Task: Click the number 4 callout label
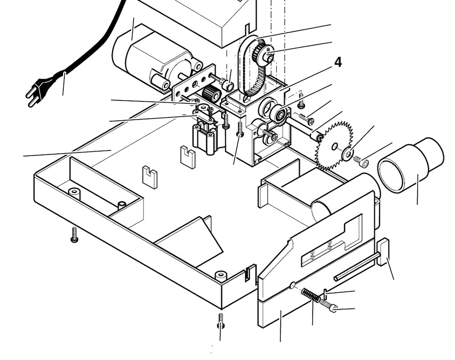tap(338, 62)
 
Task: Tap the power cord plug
tap(39, 89)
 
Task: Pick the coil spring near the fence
tap(311, 295)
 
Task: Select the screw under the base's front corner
tap(221, 320)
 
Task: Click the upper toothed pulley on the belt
tap(263, 52)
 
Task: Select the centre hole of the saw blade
tap(334, 146)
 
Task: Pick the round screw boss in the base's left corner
tap(74, 193)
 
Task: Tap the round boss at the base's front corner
tap(221, 275)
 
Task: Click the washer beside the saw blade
tap(348, 154)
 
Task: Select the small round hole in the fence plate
tap(292, 285)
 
